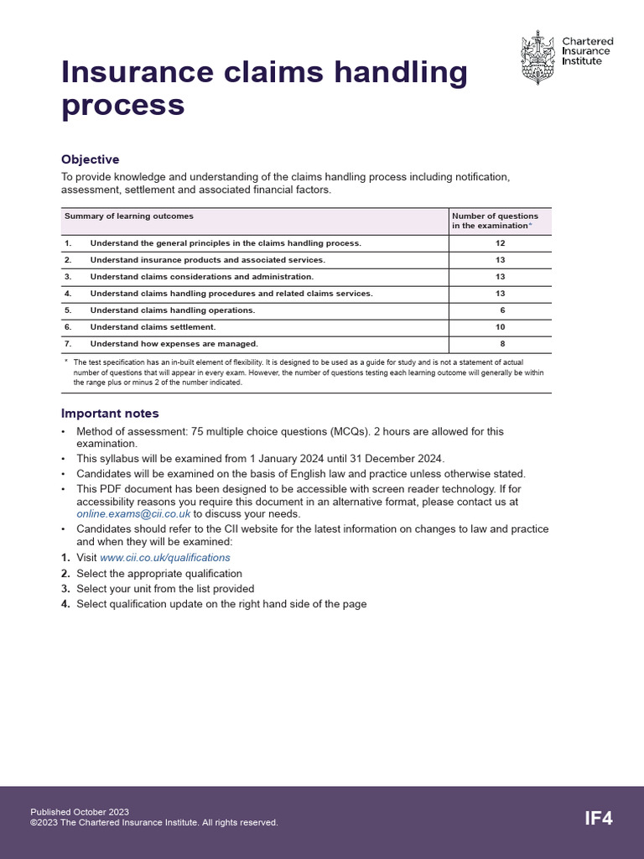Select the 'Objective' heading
[91, 159]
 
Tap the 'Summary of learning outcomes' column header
[129, 216]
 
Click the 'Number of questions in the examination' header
[496, 221]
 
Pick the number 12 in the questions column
[501, 243]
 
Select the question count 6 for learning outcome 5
[502, 310]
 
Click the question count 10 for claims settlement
[501, 327]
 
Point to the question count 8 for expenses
[502, 344]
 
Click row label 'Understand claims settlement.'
[153, 327]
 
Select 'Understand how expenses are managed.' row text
[174, 344]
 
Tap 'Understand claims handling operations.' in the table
[172, 310]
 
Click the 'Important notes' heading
[110, 414]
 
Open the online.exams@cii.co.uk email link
[133, 514]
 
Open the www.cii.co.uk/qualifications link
[165, 557]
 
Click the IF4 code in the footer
[599, 819]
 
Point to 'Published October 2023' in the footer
[80, 812]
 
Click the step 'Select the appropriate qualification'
[159, 573]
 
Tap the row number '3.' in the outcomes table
[69, 277]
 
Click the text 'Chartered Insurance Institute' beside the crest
[587, 51]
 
